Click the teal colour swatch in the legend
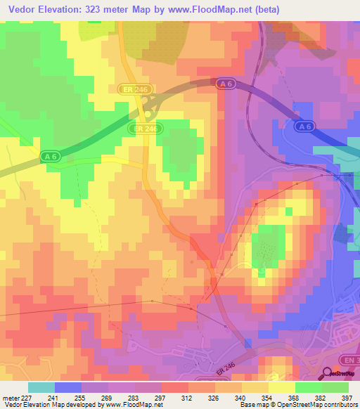click(41, 387)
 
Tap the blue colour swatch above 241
click(67, 387)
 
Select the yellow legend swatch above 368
click(281, 387)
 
